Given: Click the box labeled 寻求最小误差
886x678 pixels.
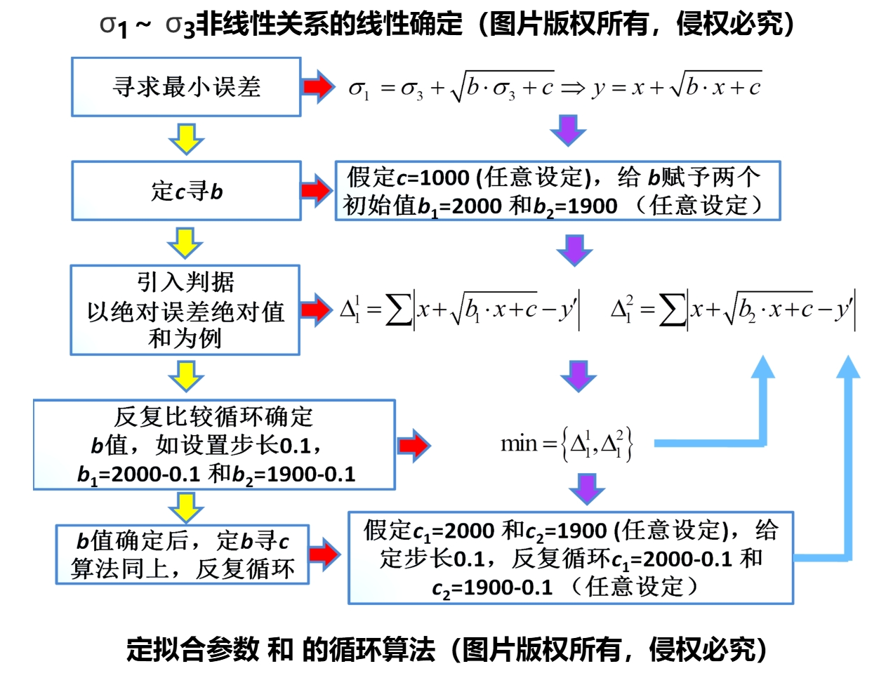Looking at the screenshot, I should pos(186,87).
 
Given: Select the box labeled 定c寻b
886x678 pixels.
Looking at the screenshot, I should pos(186,191).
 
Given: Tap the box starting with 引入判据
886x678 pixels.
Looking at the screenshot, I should pos(185,310).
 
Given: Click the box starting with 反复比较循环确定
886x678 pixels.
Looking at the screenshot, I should pos(214,445).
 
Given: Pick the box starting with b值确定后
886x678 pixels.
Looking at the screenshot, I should pos(183,554).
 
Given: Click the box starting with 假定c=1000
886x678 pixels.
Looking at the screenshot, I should pos(557,191).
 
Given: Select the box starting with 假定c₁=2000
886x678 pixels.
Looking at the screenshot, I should pos(571,558).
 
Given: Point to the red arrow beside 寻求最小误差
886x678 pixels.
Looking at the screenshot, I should pos(318,86).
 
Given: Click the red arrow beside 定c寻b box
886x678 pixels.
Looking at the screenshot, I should pos(317,190).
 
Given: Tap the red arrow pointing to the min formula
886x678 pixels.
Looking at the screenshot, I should pos(414,445).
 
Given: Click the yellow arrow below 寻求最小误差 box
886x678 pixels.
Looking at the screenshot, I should pos(186,138).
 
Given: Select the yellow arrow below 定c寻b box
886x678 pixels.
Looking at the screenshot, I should pos(185,242).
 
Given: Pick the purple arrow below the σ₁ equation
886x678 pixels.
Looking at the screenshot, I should pos(568,130).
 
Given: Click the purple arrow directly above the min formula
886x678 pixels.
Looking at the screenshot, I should pos(578,376).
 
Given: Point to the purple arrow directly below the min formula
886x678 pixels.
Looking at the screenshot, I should pos(587,488).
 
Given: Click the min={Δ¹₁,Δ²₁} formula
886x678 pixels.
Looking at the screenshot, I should pos(567,444).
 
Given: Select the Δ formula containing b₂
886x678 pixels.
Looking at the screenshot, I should pos(734,310).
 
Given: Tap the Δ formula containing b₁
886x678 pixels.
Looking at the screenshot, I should pos(460,310).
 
